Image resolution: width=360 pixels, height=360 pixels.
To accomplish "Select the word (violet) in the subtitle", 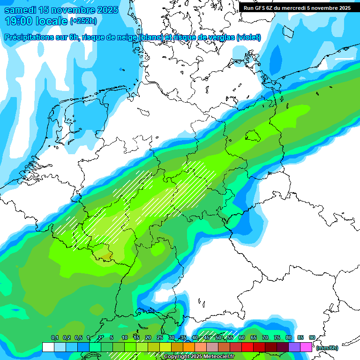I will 248,37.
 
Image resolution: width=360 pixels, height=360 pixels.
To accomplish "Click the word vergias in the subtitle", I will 219,37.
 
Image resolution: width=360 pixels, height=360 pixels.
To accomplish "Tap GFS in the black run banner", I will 261,8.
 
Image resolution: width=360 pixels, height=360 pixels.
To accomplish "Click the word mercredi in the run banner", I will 298,8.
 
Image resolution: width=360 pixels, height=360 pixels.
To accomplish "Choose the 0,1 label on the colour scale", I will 54,337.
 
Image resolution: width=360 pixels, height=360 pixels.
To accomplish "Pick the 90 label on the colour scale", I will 312,337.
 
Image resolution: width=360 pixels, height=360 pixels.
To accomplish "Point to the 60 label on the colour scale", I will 241,337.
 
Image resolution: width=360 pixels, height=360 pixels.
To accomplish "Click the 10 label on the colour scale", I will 125,337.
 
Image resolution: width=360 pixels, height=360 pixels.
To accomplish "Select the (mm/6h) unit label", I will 327,348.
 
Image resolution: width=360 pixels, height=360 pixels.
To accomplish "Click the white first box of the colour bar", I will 48,347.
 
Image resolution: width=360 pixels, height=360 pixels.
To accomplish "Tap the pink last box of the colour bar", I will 306,347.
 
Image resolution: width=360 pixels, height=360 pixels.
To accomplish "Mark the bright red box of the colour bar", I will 247,347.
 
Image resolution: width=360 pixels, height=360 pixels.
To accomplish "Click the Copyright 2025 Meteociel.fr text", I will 198,357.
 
